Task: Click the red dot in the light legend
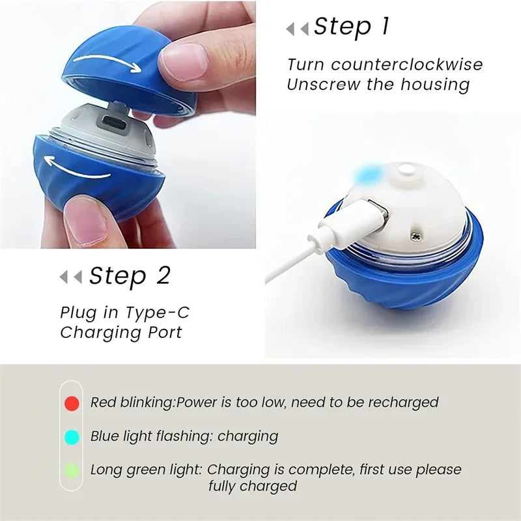pyautogui.click(x=72, y=403)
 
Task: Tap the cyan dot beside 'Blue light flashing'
pyautogui.click(x=72, y=436)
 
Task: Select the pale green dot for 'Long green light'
pyautogui.click(x=72, y=470)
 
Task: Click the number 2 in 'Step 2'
pyautogui.click(x=163, y=276)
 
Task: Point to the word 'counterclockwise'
pyautogui.click(x=427, y=64)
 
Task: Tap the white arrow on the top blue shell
pyautogui.click(x=107, y=64)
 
